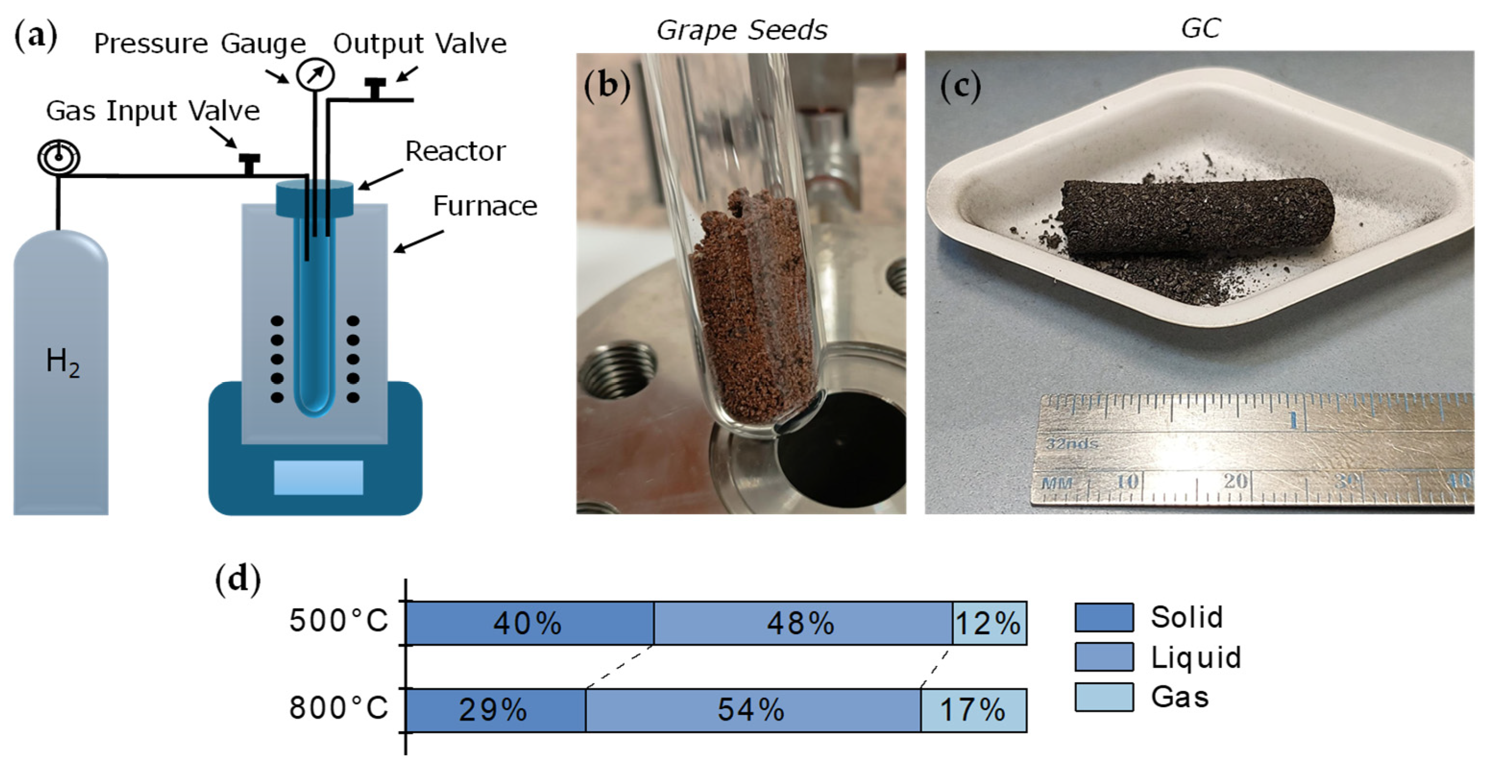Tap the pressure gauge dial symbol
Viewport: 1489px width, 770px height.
315,74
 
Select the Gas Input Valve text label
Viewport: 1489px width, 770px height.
153,110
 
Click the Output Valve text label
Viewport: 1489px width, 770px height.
420,43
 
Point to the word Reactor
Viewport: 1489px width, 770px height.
455,152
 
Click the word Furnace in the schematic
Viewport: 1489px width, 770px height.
484,206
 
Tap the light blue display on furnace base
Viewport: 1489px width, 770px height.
318,477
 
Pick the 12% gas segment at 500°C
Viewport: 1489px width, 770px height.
989,623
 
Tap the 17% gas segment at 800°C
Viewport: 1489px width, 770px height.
973,710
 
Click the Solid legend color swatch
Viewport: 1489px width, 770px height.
1104,617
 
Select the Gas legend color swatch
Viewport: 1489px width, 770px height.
1104,697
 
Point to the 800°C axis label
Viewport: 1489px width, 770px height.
338,708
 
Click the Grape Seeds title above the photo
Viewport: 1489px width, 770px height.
742,30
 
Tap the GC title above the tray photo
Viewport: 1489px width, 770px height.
1200,28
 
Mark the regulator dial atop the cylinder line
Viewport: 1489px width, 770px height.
58,157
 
